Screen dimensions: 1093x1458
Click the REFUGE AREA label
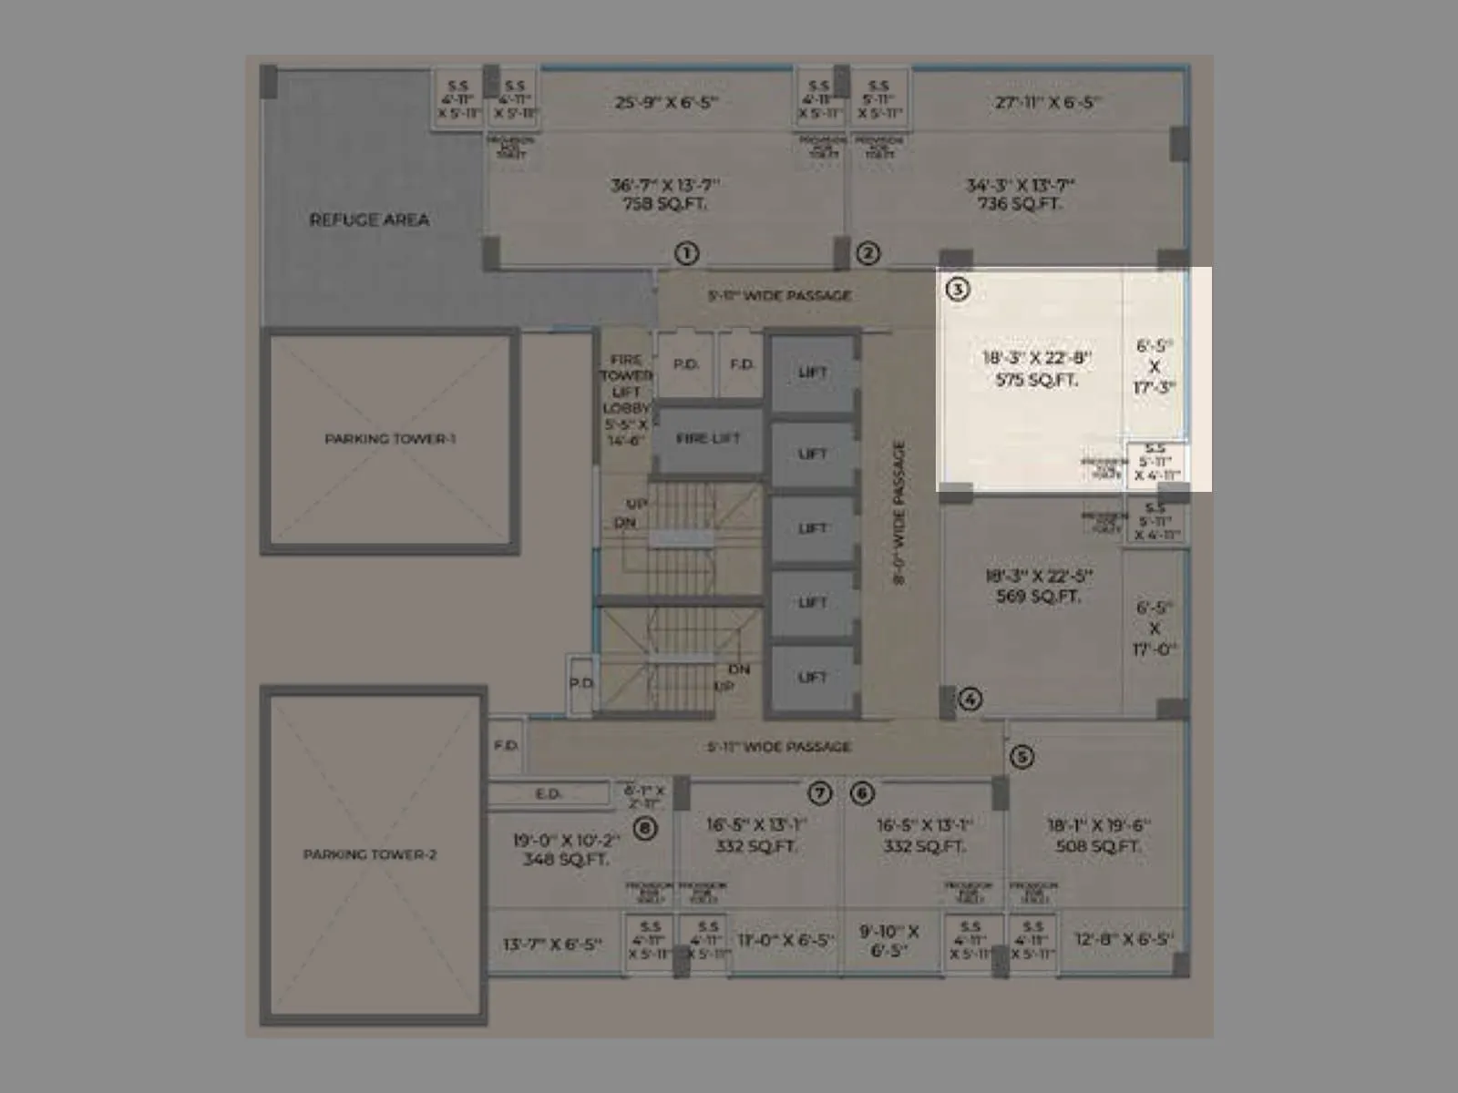[369, 220]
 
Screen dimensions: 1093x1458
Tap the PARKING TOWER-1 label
[390, 439]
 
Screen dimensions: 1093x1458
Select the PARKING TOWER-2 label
[370, 854]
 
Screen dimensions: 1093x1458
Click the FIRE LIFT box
[708, 439]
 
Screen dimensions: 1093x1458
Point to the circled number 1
[686, 253]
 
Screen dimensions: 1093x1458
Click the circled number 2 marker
[868, 253]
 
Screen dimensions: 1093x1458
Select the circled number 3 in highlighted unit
[958, 290]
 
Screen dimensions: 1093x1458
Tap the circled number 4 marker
[970, 700]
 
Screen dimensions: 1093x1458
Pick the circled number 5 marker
[1022, 757]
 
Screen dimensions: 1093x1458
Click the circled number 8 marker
[645, 829]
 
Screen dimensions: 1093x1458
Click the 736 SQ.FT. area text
[1020, 204]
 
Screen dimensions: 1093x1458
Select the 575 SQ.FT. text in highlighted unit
[1036, 380]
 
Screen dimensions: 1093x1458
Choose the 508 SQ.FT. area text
[1098, 846]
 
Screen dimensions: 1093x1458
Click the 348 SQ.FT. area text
[565, 859]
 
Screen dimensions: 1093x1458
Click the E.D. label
[548, 794]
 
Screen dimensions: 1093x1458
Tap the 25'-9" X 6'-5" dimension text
[666, 102]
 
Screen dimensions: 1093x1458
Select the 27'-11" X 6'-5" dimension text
[1047, 102]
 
